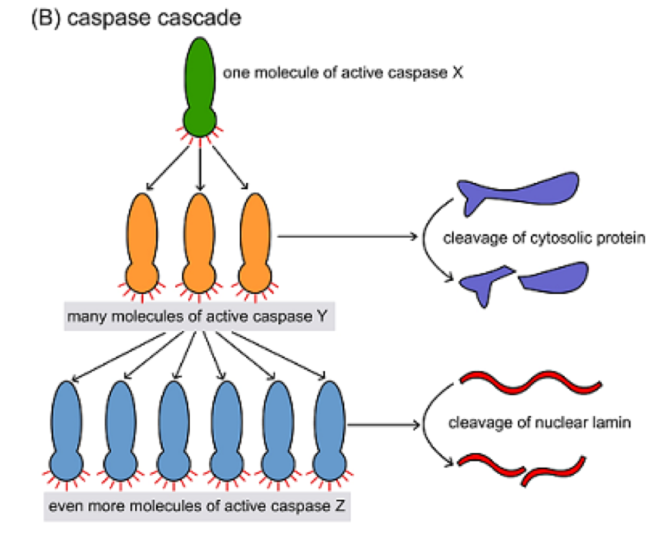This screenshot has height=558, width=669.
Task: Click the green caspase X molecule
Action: (200, 85)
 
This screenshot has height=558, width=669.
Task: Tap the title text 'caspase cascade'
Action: (154, 19)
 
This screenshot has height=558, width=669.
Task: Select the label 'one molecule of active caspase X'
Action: (343, 74)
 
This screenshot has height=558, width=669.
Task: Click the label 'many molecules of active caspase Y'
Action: (200, 316)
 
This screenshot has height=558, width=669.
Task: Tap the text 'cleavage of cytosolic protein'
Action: (544, 238)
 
